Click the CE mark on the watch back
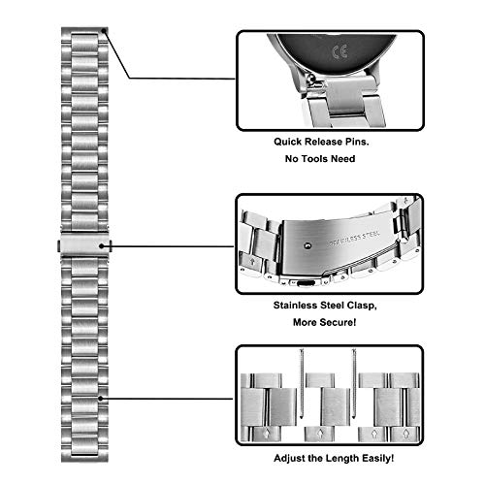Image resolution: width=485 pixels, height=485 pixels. point(340,51)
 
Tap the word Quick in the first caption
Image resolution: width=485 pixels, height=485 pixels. point(288,142)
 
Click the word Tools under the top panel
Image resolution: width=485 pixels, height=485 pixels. point(316,159)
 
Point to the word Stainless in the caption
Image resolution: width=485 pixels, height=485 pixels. point(296,306)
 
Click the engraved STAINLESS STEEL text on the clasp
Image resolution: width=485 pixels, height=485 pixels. point(353,240)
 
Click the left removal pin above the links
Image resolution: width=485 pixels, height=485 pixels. point(302,383)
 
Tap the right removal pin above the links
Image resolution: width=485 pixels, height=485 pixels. point(354,383)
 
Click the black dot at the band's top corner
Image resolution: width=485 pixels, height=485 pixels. point(104,31)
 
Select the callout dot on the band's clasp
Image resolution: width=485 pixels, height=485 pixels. point(102,246)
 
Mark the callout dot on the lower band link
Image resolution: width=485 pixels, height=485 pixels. point(101,399)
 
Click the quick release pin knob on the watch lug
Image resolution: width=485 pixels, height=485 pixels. point(310,78)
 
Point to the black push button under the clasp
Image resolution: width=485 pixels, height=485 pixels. point(306,283)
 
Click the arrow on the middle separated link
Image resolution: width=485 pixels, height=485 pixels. point(320,433)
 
